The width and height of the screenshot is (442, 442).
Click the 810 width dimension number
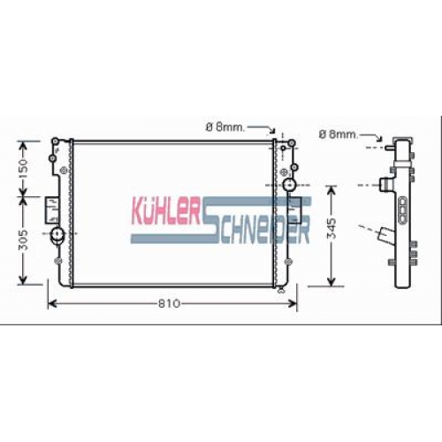(169, 303)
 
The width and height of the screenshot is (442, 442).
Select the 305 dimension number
(23, 240)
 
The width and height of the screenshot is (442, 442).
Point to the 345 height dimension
(331, 228)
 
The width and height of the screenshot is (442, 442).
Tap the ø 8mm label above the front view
(225, 127)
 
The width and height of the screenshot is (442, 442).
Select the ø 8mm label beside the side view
(339, 134)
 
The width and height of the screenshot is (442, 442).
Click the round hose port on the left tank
(57, 234)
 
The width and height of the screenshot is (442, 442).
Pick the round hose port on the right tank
(289, 185)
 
